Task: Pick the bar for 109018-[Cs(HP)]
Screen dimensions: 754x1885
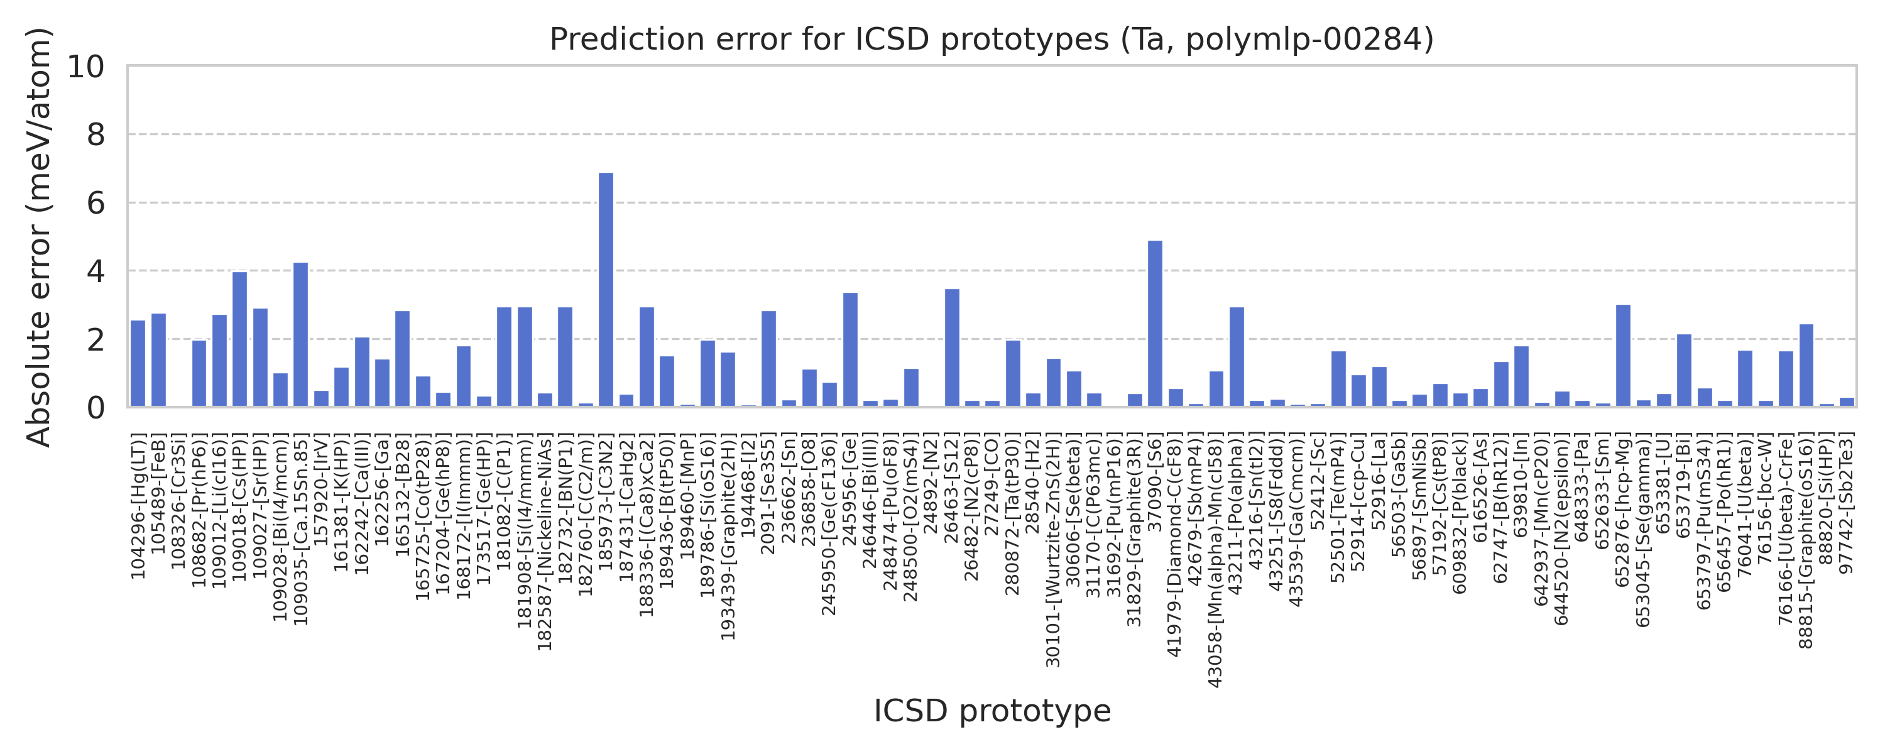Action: point(239,340)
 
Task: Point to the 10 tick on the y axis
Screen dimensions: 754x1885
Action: point(86,67)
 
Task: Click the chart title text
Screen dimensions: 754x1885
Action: point(992,39)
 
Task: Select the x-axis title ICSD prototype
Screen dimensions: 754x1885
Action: point(992,711)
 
